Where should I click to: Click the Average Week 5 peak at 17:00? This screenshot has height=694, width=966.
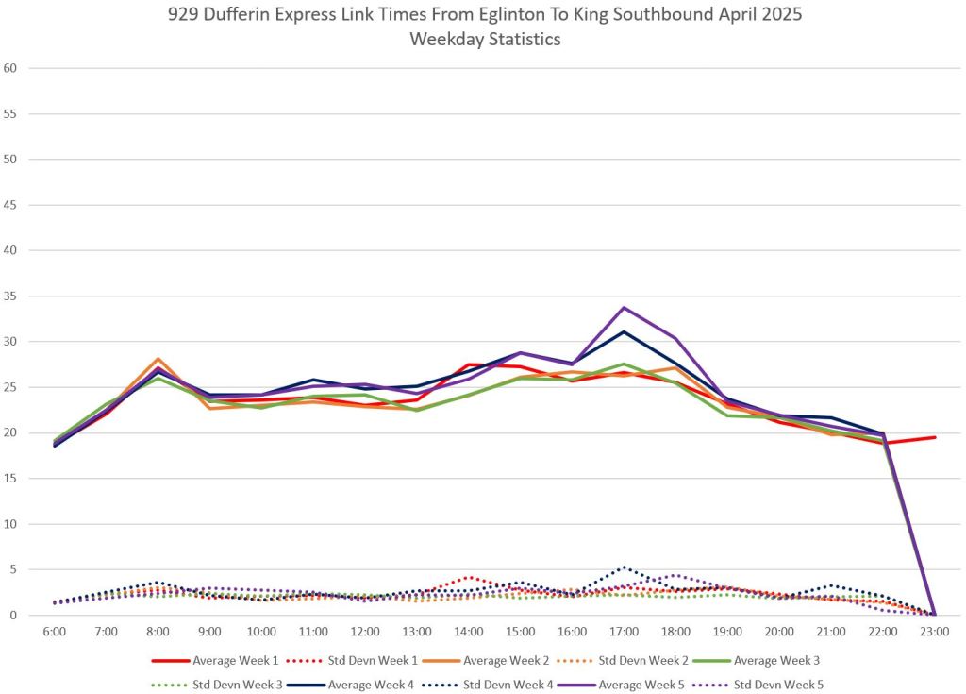[x=624, y=308]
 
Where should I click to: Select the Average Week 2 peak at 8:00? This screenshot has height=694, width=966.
[x=158, y=359]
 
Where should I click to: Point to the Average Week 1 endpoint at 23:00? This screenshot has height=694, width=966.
[x=934, y=437]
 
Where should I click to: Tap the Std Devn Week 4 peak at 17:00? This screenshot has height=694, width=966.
[x=624, y=567]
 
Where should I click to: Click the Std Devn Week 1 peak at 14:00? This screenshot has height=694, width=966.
[x=469, y=577]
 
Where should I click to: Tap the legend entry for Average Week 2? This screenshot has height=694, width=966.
[x=521, y=660]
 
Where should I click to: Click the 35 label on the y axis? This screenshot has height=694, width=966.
[x=11, y=296]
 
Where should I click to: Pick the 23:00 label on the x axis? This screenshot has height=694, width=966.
[x=934, y=630]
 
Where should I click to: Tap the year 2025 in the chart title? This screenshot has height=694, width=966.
[x=773, y=17]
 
